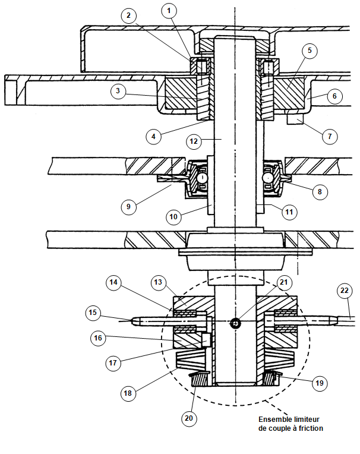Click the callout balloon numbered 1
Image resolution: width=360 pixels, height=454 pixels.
click(169, 11)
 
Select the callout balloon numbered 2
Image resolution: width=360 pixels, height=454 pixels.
click(129, 15)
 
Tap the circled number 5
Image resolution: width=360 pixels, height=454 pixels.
click(310, 51)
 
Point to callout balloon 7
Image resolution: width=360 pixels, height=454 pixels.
click(330, 136)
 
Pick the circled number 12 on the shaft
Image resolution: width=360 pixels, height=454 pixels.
click(194, 141)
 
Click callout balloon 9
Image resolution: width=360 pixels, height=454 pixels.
click(128, 207)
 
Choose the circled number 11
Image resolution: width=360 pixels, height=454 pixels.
click(289, 212)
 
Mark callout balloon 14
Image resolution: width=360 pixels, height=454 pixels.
click(113, 282)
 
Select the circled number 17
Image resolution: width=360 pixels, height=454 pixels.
click(113, 363)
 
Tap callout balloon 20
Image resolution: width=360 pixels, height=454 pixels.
click(189, 418)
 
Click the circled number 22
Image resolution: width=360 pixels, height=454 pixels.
click(345, 291)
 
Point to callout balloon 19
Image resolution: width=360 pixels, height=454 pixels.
click(319, 383)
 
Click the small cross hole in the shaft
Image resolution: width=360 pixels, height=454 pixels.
click(235, 323)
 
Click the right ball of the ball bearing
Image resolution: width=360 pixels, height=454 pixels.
click(269, 178)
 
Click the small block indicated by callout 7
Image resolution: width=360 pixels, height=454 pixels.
click(295, 119)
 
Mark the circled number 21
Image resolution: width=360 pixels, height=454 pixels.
click(284, 282)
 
